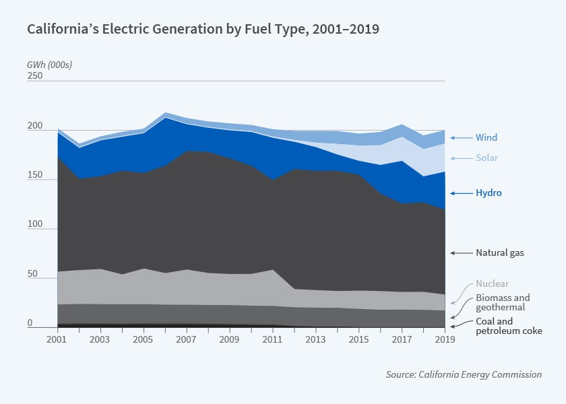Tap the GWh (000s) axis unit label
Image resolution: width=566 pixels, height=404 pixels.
49,65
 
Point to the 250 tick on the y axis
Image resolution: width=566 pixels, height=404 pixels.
35,76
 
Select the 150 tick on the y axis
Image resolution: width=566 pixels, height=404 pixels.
35,175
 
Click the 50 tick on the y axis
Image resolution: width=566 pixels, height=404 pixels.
32,274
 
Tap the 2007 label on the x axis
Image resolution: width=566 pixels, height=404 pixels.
187,338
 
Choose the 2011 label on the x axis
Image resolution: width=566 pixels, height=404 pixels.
273,338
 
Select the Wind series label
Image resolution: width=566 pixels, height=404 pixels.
486,138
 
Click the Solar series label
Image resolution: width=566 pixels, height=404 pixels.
486,158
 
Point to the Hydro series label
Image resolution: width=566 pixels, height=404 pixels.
489,193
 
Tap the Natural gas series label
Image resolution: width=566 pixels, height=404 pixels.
499,253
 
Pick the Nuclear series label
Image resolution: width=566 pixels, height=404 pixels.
492,284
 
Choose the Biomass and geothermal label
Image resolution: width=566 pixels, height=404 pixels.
503,303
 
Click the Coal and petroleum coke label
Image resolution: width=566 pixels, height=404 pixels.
509,326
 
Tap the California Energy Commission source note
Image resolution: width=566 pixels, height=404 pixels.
464,374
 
